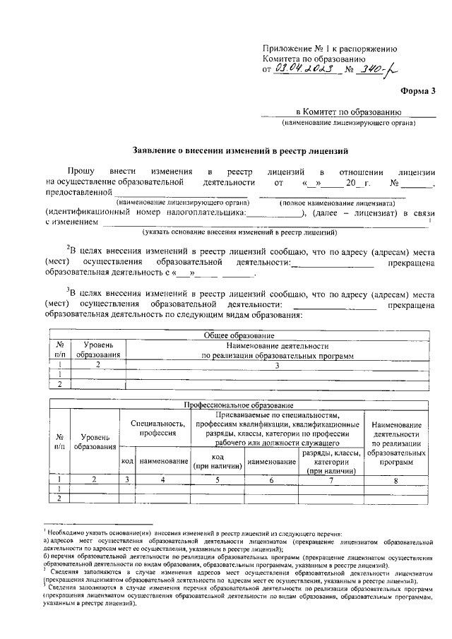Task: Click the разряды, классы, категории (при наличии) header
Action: pos(331,461)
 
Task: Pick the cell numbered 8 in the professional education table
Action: pos(395,479)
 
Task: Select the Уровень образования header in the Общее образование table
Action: pos(98,349)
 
